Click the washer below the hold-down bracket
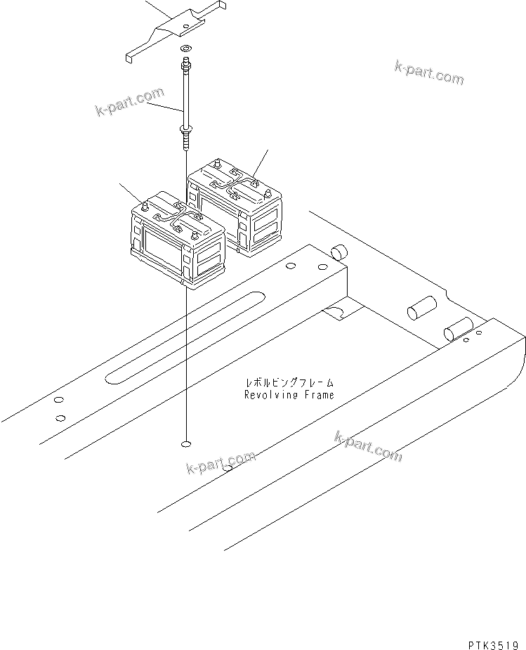(x=185, y=48)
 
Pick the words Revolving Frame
(x=289, y=395)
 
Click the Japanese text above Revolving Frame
(x=289, y=383)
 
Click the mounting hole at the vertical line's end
(x=186, y=444)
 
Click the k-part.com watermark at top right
(x=428, y=72)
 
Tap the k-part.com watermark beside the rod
(x=129, y=103)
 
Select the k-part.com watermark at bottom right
(x=369, y=447)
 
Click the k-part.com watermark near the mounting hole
(x=221, y=463)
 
